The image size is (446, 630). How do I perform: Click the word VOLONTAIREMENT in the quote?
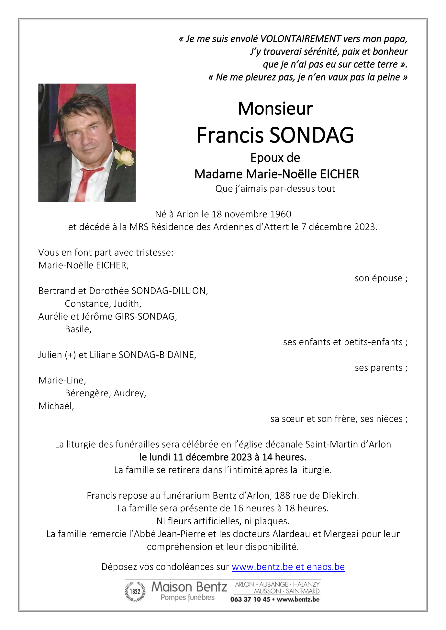300,39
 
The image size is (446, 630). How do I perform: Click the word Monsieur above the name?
275,109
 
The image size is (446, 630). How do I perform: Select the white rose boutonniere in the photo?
125,158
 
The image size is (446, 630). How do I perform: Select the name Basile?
78,329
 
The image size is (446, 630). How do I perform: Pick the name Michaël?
56,406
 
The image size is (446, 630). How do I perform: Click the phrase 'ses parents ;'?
381,368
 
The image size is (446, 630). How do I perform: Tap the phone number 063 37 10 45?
250,600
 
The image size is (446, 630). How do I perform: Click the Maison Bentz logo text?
189,587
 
